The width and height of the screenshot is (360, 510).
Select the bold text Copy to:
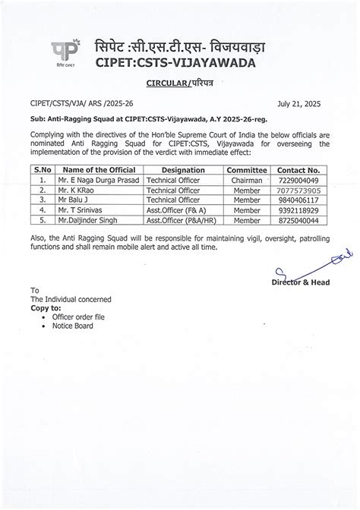click(46, 309)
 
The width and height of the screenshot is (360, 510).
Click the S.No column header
click(43, 171)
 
